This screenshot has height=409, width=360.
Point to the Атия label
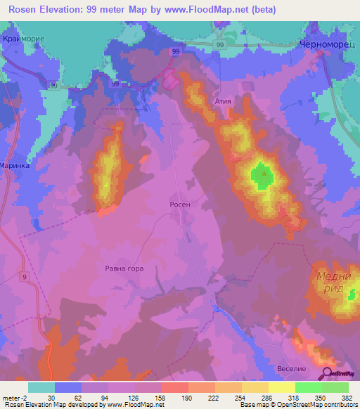coord(224,101)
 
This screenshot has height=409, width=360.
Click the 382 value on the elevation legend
coord(347,397)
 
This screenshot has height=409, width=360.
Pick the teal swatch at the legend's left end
coord(41,387)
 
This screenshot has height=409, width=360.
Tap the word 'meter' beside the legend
coord(11,397)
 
